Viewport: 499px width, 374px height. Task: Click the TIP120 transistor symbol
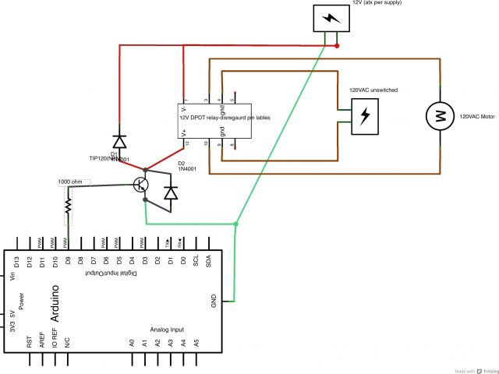(141, 185)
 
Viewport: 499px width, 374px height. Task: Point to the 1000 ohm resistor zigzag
(68, 206)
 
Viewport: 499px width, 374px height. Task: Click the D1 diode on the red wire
(119, 141)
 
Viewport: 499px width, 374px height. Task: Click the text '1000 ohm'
(73, 182)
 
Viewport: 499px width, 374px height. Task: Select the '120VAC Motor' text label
(477, 116)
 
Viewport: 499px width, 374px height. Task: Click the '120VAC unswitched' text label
(373, 90)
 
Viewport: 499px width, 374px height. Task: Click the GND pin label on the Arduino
(214, 301)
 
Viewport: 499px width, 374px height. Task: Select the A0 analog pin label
(133, 342)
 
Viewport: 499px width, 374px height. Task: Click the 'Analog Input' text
(167, 330)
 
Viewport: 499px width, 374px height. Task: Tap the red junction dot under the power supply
(337, 46)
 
